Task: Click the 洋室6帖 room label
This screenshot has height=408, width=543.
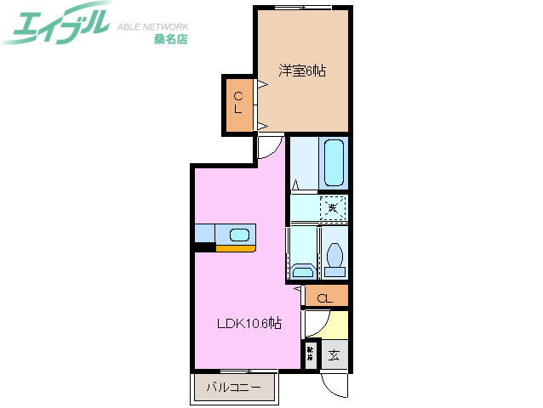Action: pyautogui.click(x=301, y=71)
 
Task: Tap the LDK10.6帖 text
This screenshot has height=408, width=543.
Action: pyautogui.click(x=248, y=323)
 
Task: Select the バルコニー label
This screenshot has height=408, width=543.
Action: pyautogui.click(x=234, y=390)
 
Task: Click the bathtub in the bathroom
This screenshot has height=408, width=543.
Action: pyautogui.click(x=334, y=163)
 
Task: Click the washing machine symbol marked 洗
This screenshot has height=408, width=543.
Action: pyautogui.click(x=334, y=207)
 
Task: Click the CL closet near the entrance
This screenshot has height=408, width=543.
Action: pyautogui.click(x=324, y=297)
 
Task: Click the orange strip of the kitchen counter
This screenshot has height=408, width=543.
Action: pyautogui.click(x=235, y=249)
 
